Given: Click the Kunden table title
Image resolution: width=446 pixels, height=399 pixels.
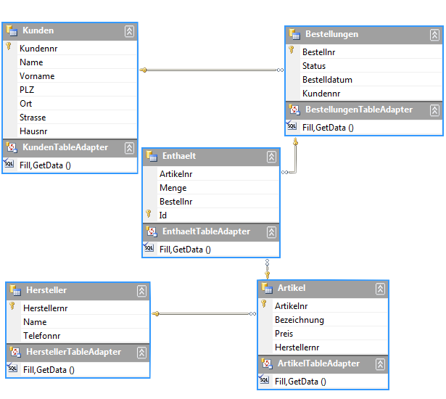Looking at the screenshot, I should pyautogui.click(x=38, y=30).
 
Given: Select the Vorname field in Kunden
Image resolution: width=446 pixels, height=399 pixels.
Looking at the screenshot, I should pyautogui.click(x=37, y=76).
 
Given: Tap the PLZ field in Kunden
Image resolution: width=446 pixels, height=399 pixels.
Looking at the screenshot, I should pyautogui.click(x=27, y=90).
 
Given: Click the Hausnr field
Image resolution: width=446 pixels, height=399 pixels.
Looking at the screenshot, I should pyautogui.click(x=33, y=131).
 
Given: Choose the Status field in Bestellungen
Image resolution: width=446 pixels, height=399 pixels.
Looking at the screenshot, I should pyautogui.click(x=314, y=66).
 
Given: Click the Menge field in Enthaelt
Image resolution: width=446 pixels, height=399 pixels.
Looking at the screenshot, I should pyautogui.click(x=173, y=188).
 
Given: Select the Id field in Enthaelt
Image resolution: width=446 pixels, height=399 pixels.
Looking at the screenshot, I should pyautogui.click(x=163, y=215).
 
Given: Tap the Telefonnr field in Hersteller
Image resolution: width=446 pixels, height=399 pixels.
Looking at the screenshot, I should pyautogui.click(x=41, y=336).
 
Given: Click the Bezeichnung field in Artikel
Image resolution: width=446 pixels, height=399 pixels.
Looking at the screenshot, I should pyautogui.click(x=300, y=320).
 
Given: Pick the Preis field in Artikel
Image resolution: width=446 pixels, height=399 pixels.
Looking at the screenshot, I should pyautogui.click(x=284, y=334).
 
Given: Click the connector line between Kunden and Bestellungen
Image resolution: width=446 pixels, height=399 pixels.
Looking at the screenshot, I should pyautogui.click(x=210, y=70).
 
